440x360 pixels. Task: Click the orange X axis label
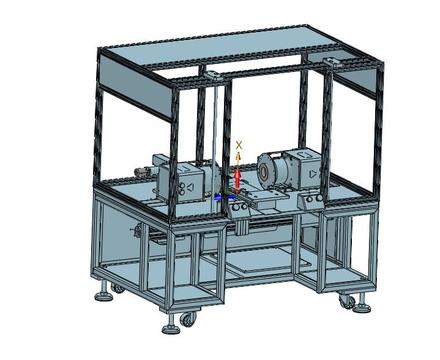[239, 145]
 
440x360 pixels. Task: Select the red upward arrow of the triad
[237, 180]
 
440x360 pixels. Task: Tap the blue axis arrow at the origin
[217, 197]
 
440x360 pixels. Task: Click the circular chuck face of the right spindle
[264, 172]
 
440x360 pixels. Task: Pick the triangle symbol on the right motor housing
[313, 173]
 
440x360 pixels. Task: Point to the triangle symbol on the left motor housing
[190, 187]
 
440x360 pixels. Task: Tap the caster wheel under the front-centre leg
[187, 319]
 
